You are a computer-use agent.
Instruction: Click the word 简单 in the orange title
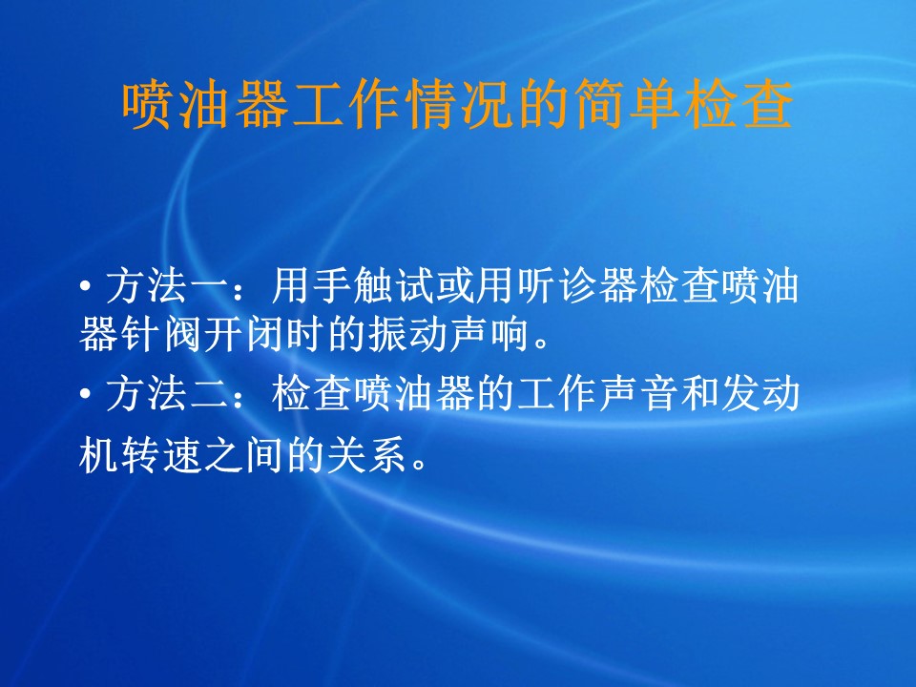629,105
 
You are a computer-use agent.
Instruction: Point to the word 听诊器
578,286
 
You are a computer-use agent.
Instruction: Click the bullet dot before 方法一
86,286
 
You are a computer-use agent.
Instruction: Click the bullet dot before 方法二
86,393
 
